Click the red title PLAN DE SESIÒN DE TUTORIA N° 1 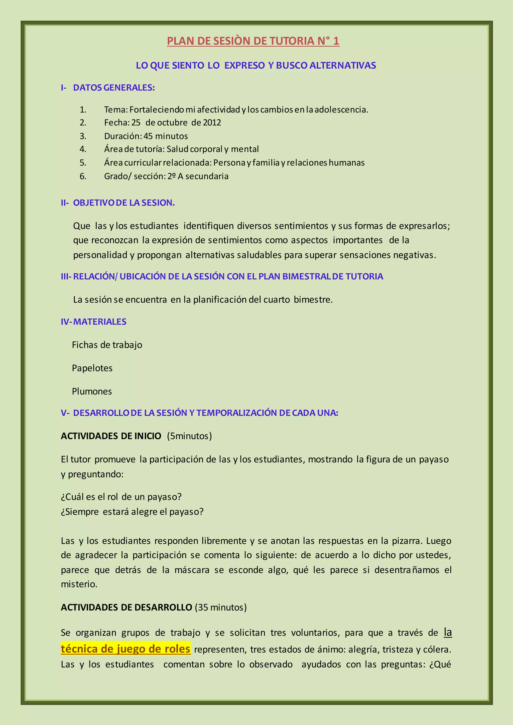(x=253, y=41)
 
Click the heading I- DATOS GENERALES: (x=108, y=88)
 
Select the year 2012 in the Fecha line (x=212, y=123)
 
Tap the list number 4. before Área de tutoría (x=83, y=149)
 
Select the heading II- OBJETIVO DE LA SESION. (x=118, y=203)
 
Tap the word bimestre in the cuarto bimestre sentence (x=313, y=299)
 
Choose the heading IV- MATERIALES (x=93, y=322)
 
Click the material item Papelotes (x=92, y=368)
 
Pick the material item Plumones (x=92, y=391)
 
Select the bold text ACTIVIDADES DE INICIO (x=111, y=436)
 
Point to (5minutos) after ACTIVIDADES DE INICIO (x=189, y=436)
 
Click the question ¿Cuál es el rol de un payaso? (x=121, y=497)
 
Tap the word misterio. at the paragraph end (x=79, y=584)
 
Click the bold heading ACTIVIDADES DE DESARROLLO (x=126, y=607)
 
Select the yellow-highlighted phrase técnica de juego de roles (x=125, y=649)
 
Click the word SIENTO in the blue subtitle (x=188, y=65)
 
